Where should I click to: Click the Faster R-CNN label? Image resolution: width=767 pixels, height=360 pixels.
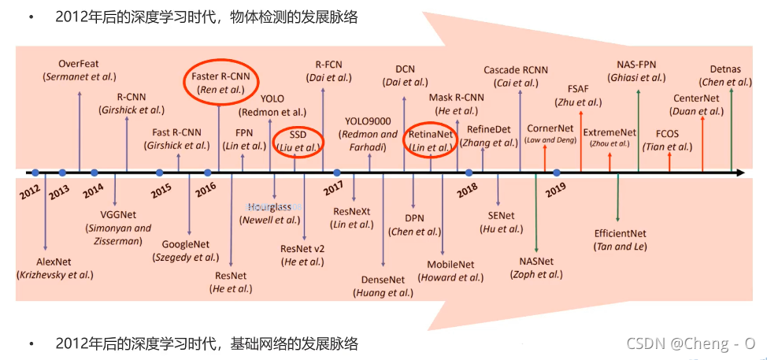[x=220, y=76]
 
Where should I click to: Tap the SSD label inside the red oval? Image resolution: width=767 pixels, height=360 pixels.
[x=298, y=134]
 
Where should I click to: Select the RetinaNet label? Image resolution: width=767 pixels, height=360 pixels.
[x=430, y=134]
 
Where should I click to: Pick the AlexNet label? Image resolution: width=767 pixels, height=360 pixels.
[x=55, y=261]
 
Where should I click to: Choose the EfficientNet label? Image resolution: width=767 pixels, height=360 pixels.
[x=621, y=233]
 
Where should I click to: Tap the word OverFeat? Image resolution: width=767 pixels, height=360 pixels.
[x=79, y=63]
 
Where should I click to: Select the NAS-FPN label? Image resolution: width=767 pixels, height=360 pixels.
[x=639, y=64]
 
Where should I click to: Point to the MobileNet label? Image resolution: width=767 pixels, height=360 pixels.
[x=450, y=264]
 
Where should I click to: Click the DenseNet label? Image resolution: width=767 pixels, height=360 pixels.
[x=383, y=279]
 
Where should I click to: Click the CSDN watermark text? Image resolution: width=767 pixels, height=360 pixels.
[x=691, y=343]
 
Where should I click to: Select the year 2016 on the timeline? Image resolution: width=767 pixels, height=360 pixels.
[x=206, y=189]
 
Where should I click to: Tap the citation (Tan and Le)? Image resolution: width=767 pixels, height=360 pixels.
[x=621, y=247]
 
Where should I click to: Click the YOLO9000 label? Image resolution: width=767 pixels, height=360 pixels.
[x=369, y=121]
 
